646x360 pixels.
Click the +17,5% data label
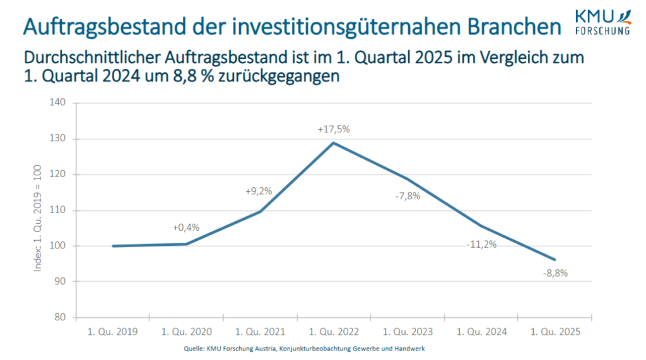pyautogui.click(x=333, y=129)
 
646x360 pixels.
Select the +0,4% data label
pyautogui.click(x=186, y=228)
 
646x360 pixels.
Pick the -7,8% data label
pyautogui.click(x=407, y=196)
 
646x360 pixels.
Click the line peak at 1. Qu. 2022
pyautogui.click(x=333, y=142)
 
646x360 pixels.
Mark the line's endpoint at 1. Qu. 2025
pyautogui.click(x=555, y=260)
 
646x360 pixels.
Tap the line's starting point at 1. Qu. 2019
pyautogui.click(x=113, y=246)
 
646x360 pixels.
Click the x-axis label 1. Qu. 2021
pyautogui.click(x=259, y=332)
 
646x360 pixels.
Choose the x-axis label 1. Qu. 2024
pyautogui.click(x=481, y=332)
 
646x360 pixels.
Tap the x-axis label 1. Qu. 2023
pyautogui.click(x=407, y=332)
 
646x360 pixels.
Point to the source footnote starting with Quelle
pyautogui.click(x=303, y=349)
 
